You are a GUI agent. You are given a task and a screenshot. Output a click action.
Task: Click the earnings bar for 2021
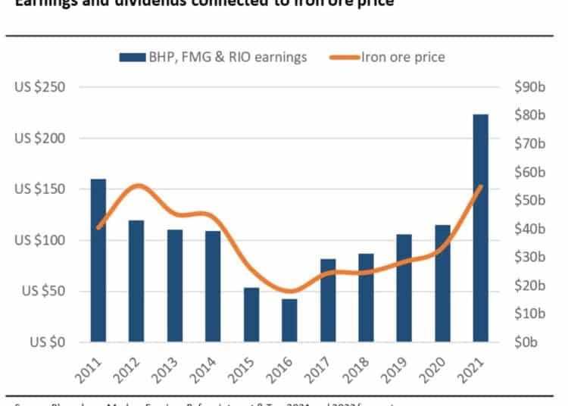tap(480, 228)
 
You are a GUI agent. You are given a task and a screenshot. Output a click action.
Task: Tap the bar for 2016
tap(289, 320)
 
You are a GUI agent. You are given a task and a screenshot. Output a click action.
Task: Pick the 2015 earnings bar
tap(251, 315)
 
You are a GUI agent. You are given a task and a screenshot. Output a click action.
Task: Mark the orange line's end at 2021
tap(480, 186)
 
